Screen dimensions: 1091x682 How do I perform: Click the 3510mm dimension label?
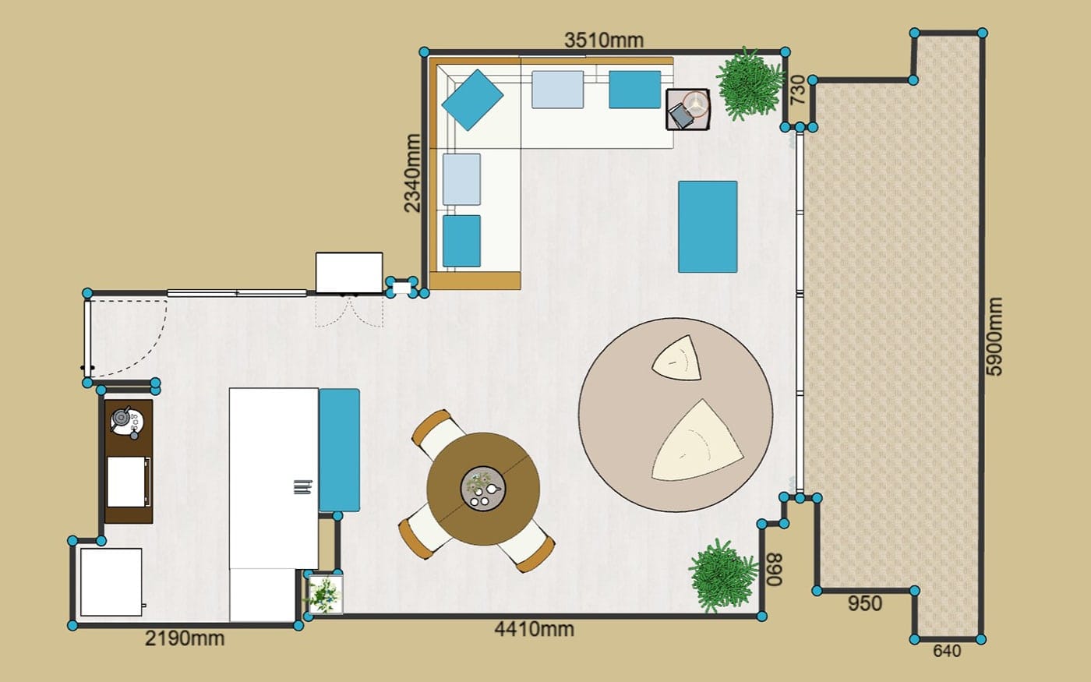point(604,41)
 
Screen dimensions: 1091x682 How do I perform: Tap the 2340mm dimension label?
point(412,173)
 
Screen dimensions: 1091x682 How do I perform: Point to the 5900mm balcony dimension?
point(994,337)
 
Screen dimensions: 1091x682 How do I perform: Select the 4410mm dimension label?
point(535,630)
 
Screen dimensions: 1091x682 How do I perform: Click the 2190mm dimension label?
point(185,638)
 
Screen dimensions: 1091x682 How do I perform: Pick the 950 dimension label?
point(865,603)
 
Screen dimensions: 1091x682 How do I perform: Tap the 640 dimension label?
point(948,651)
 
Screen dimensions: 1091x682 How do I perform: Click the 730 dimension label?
point(798,90)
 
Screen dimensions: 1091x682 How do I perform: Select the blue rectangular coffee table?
point(708,227)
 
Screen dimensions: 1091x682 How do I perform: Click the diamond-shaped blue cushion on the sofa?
point(472,101)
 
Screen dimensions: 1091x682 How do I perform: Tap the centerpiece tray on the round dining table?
point(483,489)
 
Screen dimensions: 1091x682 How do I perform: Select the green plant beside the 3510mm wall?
point(750,84)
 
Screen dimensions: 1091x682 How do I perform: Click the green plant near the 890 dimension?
point(723,575)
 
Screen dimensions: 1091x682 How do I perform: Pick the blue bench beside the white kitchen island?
point(340,451)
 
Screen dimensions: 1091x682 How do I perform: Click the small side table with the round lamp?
point(687,109)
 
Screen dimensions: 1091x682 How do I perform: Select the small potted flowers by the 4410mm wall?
point(324,594)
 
